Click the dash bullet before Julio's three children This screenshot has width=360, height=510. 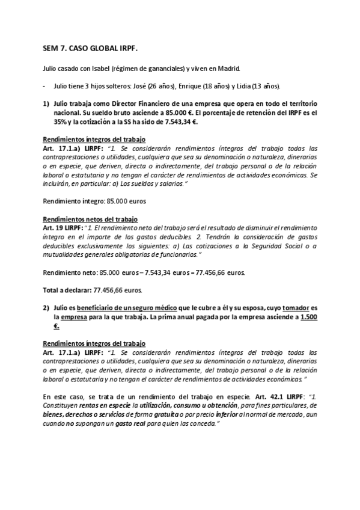tap(45, 85)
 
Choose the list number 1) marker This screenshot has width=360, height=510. tap(46, 103)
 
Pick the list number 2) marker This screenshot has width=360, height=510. tap(46, 307)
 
